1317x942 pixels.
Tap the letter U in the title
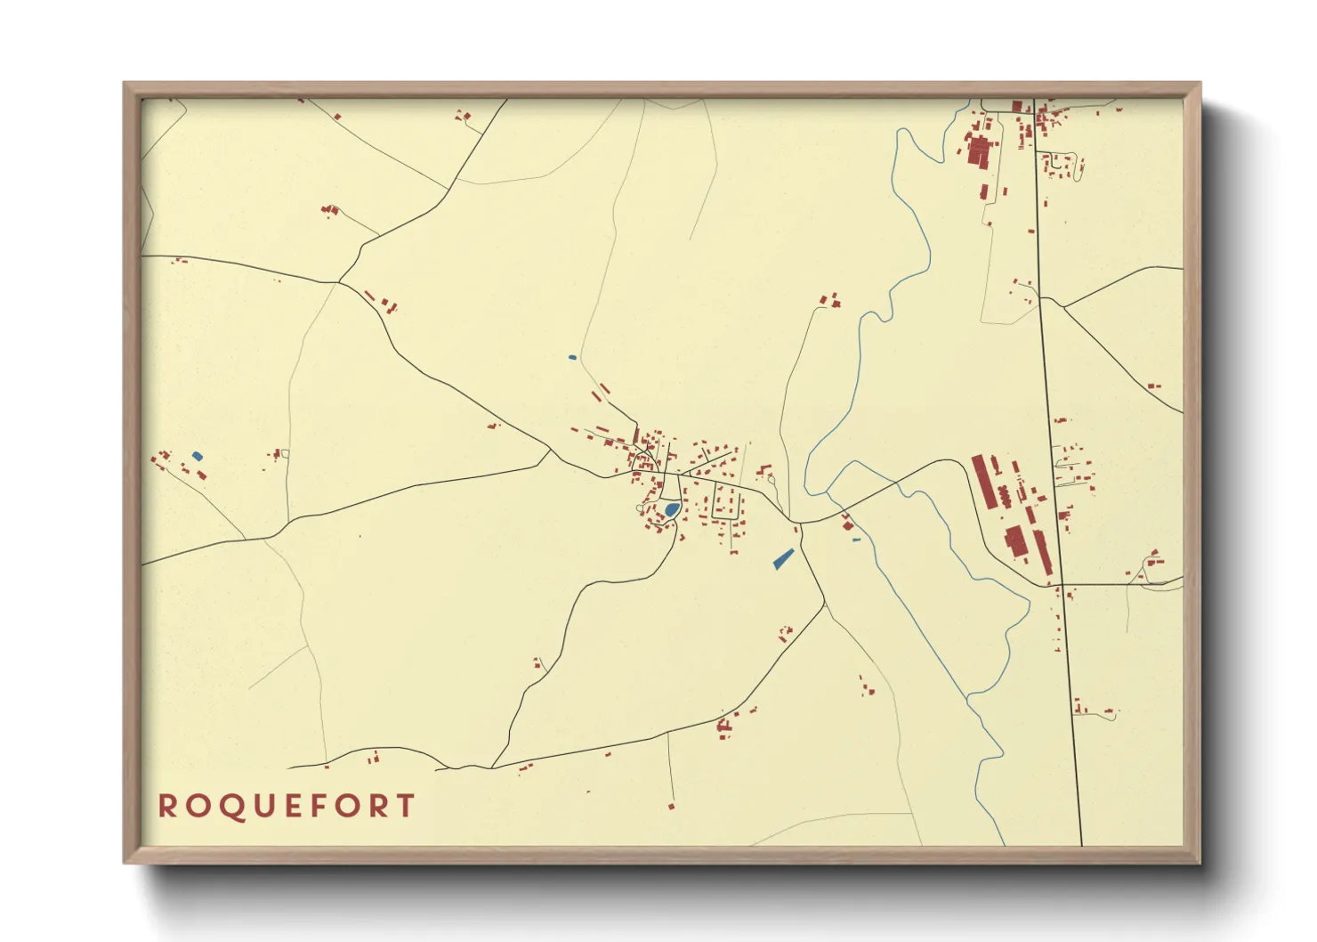[257, 806]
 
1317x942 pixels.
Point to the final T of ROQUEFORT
[406, 806]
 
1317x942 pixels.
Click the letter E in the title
[287, 806]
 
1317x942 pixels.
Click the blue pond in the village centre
[672, 509]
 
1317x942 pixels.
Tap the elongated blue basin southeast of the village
[783, 558]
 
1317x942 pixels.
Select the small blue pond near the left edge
[198, 456]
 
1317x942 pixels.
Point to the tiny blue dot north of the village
[572, 358]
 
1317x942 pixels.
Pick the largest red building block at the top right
[979, 151]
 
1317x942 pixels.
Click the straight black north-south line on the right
[1059, 534]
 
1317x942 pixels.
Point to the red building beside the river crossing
[847, 522]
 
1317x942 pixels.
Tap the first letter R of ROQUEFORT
[166, 806]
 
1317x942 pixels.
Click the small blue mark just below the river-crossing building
[856, 540]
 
